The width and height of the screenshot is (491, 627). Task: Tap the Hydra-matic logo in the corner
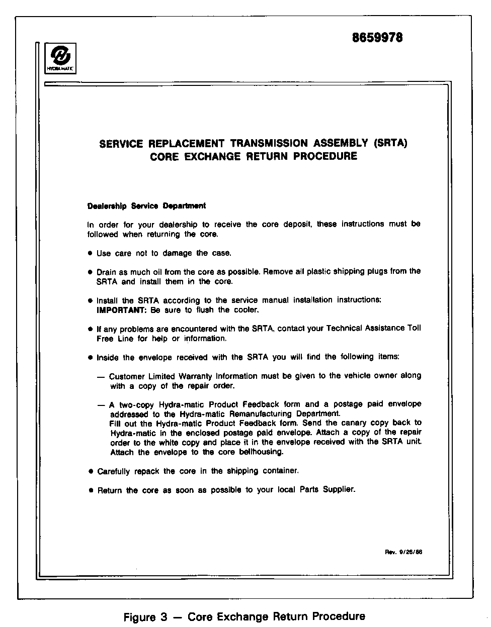60,58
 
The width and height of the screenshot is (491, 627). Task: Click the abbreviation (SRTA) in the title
390,143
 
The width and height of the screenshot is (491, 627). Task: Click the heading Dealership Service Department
146,206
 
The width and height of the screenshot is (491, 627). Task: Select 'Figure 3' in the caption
145,617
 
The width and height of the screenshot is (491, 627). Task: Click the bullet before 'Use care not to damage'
90,253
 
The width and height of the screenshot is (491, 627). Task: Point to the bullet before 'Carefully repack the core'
91,471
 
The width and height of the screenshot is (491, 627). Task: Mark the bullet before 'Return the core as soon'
91,490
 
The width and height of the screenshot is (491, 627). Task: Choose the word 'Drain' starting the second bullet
106,271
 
